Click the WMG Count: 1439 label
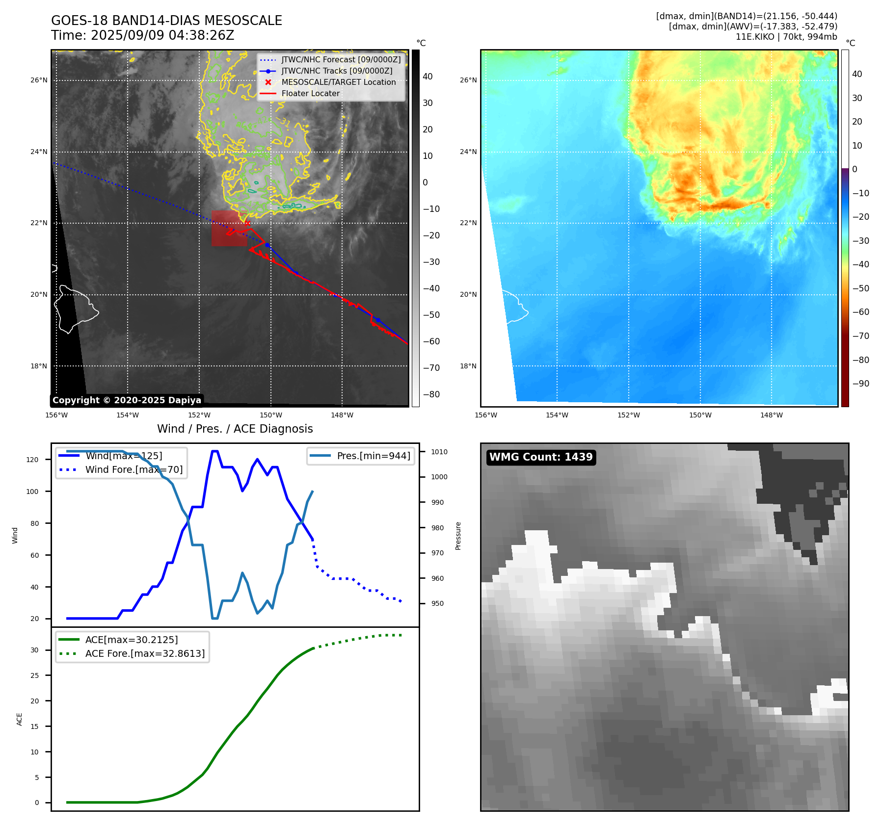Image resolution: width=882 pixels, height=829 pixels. (x=541, y=457)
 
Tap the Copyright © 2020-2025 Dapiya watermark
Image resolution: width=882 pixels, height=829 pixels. (x=127, y=400)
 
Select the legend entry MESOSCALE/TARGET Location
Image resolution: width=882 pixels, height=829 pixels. (x=338, y=82)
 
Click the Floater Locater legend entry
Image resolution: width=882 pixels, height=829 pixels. (x=310, y=94)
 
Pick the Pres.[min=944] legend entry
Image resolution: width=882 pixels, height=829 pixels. (x=373, y=456)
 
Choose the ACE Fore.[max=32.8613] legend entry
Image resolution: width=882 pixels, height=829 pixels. (x=145, y=653)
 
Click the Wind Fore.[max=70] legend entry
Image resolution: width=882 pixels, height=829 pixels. (x=134, y=469)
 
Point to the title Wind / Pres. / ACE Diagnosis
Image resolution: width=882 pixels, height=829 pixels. (x=235, y=429)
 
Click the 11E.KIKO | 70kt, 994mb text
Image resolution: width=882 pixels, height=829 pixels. (x=786, y=37)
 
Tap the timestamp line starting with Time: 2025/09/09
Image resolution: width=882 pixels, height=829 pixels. (x=142, y=35)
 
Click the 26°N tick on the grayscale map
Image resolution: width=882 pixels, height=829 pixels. (x=39, y=80)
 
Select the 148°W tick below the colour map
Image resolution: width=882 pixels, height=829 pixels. (x=771, y=415)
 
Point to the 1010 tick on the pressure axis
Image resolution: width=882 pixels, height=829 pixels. (x=439, y=452)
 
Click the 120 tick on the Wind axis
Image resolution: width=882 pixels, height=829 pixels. (x=32, y=460)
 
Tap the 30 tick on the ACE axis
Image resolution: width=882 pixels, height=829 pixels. (x=34, y=650)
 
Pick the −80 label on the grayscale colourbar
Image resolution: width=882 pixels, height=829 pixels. (x=431, y=394)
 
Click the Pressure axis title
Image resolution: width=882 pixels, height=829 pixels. (x=458, y=536)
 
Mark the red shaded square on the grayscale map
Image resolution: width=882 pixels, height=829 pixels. (x=229, y=228)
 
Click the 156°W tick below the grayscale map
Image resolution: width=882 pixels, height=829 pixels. (x=56, y=415)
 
